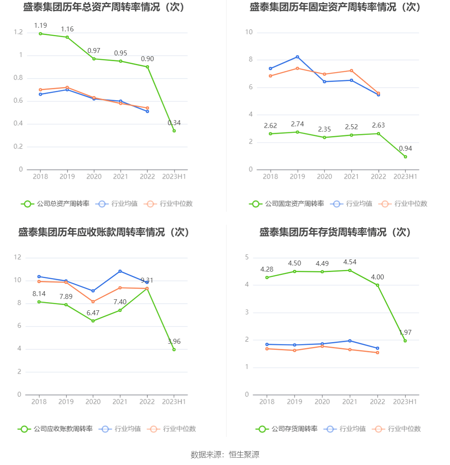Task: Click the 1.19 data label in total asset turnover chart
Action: pyautogui.click(x=40, y=26)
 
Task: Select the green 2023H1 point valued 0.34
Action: pyautogui.click(x=174, y=131)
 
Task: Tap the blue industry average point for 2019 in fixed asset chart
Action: pyautogui.click(x=297, y=57)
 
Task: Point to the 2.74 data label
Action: pyautogui.click(x=297, y=124)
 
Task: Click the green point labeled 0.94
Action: pyautogui.click(x=405, y=157)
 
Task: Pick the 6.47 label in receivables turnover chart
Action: pyautogui.click(x=93, y=313)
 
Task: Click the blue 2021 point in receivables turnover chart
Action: pyautogui.click(x=120, y=271)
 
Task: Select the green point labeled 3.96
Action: pyautogui.click(x=174, y=349)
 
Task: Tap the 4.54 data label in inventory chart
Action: pyautogui.click(x=350, y=262)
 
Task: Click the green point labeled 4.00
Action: pyautogui.click(x=378, y=285)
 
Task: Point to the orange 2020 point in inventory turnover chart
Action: pyautogui.click(x=322, y=346)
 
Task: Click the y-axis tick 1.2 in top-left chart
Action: pyautogui.click(x=18, y=32)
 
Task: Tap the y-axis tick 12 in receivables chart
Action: pyautogui.click(x=17, y=257)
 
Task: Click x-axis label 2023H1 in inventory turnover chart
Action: pyautogui.click(x=405, y=401)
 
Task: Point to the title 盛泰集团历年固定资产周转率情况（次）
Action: pyautogui.click(x=335, y=7)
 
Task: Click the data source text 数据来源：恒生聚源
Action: pyautogui.click(x=225, y=454)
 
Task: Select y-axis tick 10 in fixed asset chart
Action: pyautogui.click(x=249, y=32)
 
